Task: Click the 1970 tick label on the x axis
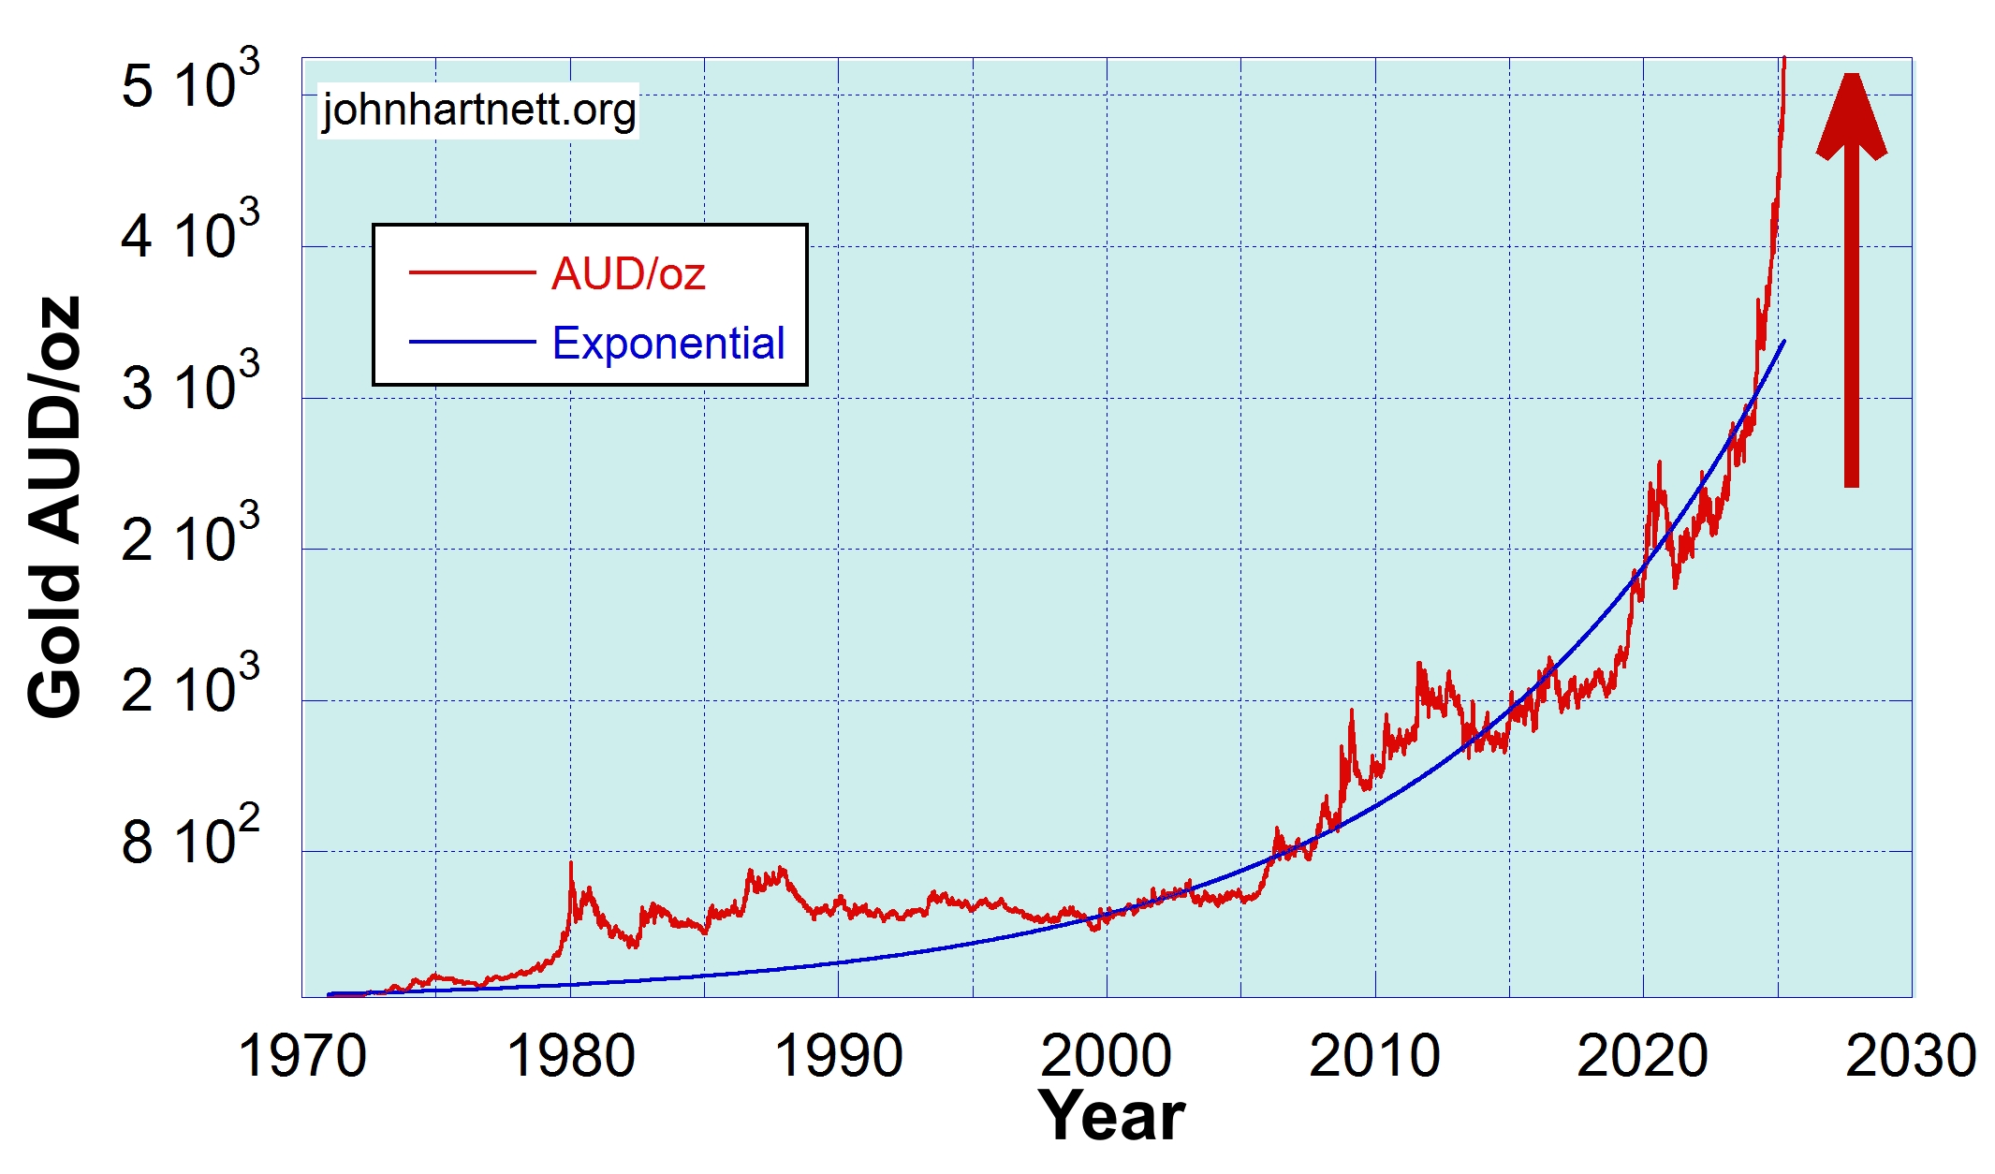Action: pyautogui.click(x=302, y=1056)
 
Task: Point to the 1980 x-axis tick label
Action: pyautogui.click(x=570, y=1056)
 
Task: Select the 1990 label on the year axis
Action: pyautogui.click(x=838, y=1056)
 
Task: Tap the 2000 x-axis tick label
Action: pyautogui.click(x=1106, y=1056)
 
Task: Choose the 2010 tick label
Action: pyautogui.click(x=1373, y=1056)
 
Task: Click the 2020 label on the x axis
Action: pyautogui.click(x=1642, y=1056)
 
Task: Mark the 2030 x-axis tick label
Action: pyautogui.click(x=1910, y=1056)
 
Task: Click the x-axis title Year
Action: pyautogui.click(x=1111, y=1116)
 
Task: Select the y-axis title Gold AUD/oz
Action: pyautogui.click(x=54, y=506)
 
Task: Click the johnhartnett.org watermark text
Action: pyautogui.click(x=478, y=110)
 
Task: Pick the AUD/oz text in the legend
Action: pyautogui.click(x=628, y=274)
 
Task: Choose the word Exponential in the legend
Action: pyautogui.click(x=668, y=344)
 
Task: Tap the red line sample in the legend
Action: pyautogui.click(x=472, y=272)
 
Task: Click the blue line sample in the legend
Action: pyautogui.click(x=472, y=342)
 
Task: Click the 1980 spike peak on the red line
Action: pyautogui.click(x=571, y=863)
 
